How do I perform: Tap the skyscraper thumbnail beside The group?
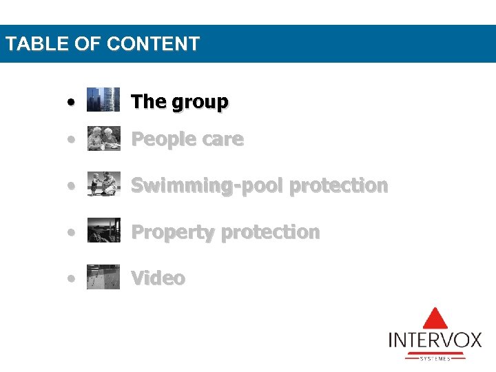(x=103, y=100)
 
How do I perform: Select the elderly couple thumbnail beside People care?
(x=103, y=138)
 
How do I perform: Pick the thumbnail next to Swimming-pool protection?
(x=103, y=185)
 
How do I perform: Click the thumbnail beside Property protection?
(x=103, y=231)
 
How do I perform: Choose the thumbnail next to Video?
(x=103, y=277)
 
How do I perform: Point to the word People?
(x=161, y=139)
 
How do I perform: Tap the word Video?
(x=158, y=278)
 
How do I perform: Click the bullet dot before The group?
(x=71, y=102)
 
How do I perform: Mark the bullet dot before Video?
(x=71, y=278)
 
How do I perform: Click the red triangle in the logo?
(x=435, y=318)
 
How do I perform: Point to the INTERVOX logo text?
(x=435, y=340)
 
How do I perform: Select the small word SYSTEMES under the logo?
(x=435, y=358)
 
